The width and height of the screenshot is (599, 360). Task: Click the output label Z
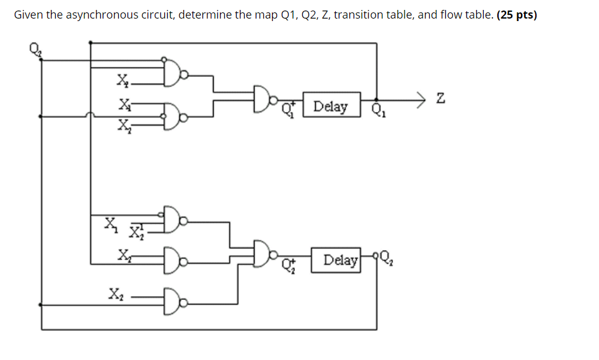tap(441, 97)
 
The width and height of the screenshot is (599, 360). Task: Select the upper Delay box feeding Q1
tap(330, 106)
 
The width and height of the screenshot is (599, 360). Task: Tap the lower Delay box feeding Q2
tap(341, 260)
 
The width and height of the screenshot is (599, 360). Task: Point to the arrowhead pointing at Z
tap(422, 98)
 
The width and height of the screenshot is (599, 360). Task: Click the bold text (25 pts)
tap(517, 15)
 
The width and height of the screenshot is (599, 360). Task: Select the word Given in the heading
tap(28, 15)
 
